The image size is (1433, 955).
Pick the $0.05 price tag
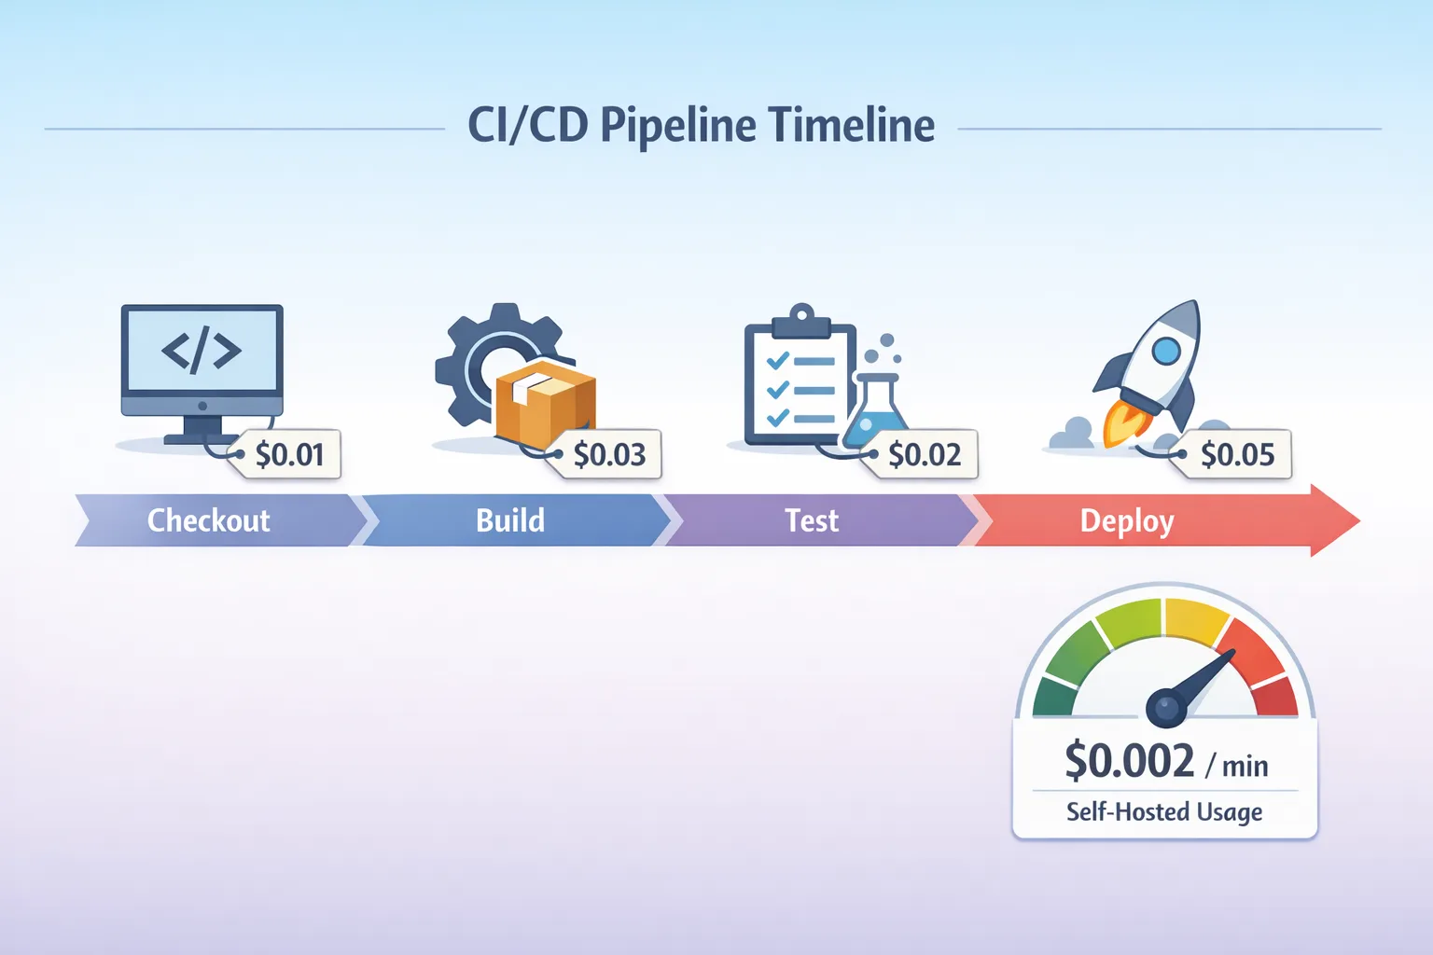pos(1236,454)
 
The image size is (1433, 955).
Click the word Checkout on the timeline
pos(208,520)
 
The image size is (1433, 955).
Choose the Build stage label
pos(509,520)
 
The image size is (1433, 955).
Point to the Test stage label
pos(811,520)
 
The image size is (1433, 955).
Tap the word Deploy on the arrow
pos(1126,521)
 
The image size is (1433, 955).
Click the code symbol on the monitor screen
pos(202,351)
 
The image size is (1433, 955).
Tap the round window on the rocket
pos(1166,351)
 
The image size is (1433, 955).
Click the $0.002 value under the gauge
pos(1130,761)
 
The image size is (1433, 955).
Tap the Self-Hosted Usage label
pos(1164,811)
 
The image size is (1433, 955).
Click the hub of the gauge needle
pos(1167,708)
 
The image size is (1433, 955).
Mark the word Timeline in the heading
pos(852,125)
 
